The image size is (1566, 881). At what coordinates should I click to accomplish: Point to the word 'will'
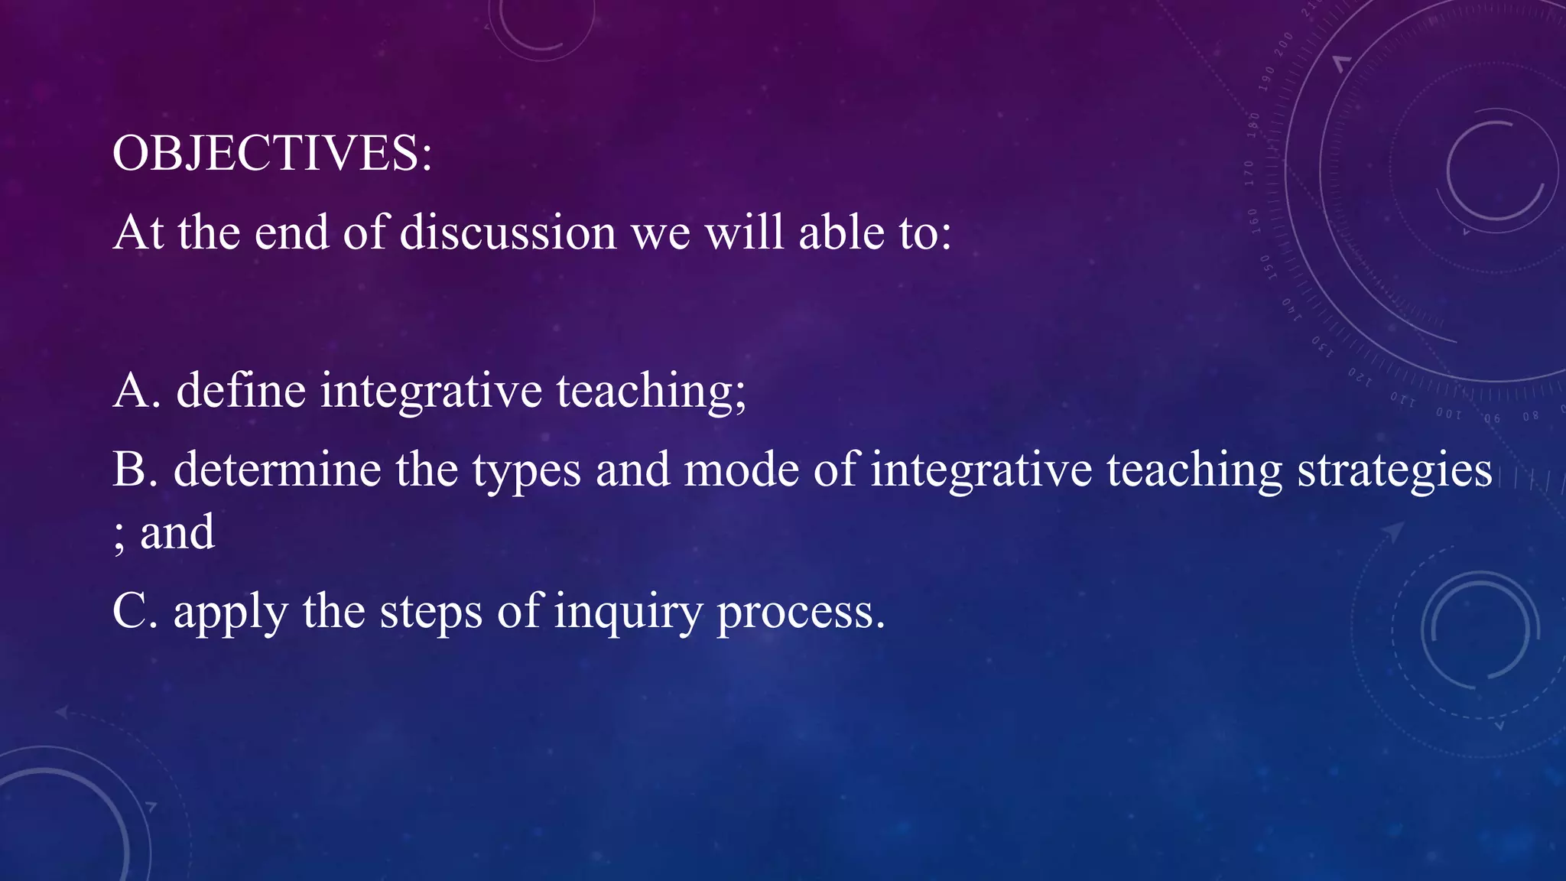click(744, 232)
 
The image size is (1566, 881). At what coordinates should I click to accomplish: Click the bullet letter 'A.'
click(136, 390)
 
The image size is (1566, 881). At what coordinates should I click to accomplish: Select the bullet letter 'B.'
click(135, 470)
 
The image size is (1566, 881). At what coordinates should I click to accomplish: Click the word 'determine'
click(278, 470)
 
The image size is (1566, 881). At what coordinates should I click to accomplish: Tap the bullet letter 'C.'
click(135, 612)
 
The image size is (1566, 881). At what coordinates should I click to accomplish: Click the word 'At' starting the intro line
click(138, 232)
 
